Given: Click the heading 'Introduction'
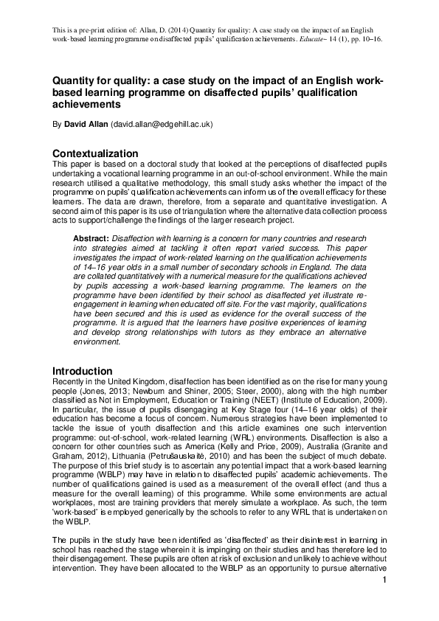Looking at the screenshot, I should [82, 370].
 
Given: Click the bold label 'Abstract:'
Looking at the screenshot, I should [91, 238].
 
